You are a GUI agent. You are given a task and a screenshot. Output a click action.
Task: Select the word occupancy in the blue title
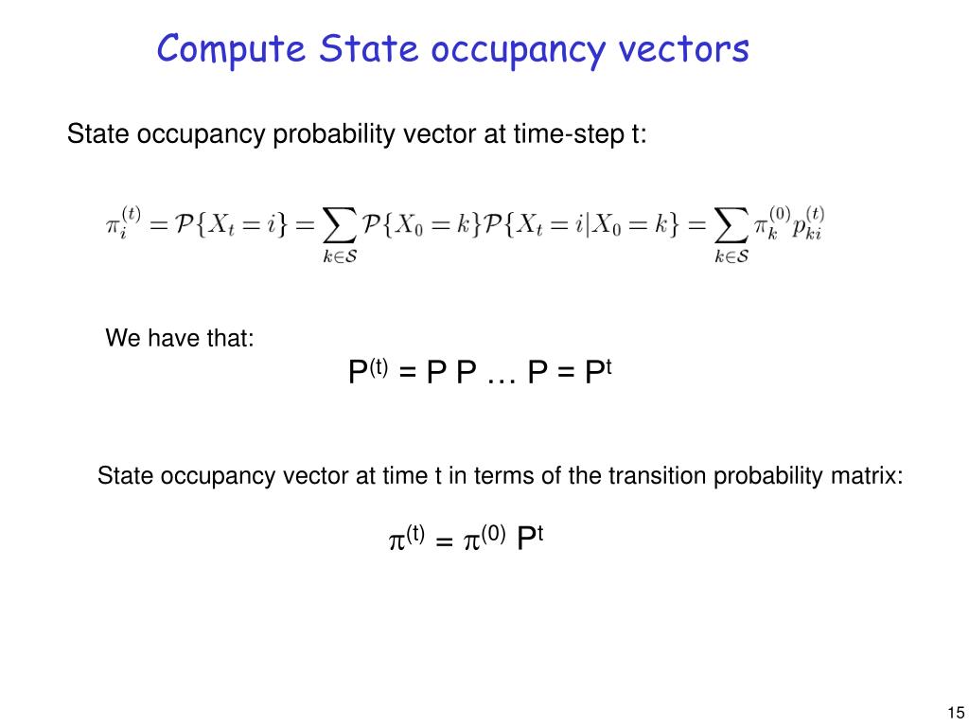(513, 49)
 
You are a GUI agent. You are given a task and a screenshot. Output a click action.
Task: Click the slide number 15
(953, 713)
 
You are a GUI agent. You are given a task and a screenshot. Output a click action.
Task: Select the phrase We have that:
(180, 337)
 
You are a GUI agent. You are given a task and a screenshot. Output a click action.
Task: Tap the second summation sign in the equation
(730, 224)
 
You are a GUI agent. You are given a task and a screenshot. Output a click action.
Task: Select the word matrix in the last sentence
(870, 476)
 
